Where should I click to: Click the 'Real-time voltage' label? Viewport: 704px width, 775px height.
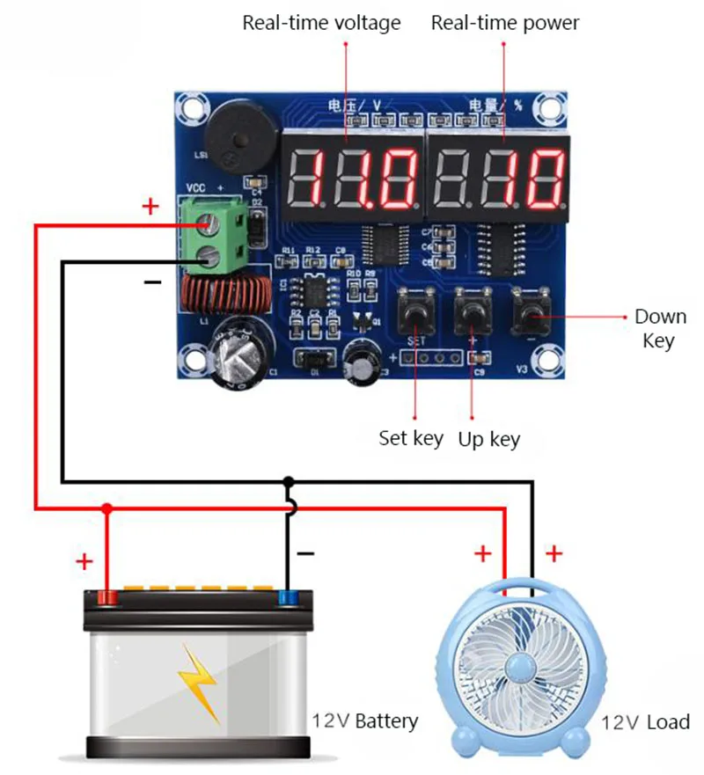[321, 23]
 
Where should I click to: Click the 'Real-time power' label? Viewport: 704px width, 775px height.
[505, 23]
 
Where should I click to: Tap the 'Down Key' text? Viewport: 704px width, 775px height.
[660, 328]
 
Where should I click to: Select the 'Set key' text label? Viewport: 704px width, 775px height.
[411, 437]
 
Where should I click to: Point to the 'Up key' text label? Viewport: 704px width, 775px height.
[488, 438]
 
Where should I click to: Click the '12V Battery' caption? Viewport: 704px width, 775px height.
[364, 721]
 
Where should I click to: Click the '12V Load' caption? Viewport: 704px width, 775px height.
[646, 722]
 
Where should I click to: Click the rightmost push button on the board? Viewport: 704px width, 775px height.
[531, 314]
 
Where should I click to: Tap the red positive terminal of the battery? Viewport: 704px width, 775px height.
[107, 599]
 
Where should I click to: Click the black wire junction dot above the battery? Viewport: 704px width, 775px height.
[288, 481]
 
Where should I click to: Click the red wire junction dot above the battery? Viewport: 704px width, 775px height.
[107, 508]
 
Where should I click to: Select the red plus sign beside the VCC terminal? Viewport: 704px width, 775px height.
[150, 207]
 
